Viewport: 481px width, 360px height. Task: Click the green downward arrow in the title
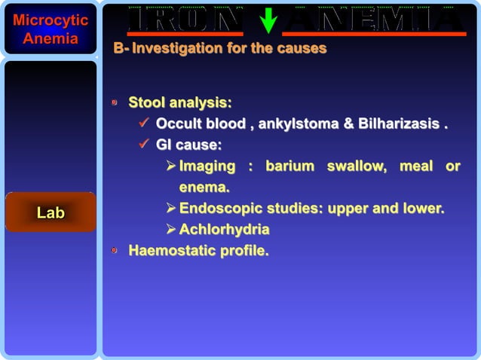pos(268,20)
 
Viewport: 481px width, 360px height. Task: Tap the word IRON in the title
pos(185,20)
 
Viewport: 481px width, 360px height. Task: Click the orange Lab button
pos(51,213)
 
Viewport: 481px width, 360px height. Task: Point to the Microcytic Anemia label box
pos(51,29)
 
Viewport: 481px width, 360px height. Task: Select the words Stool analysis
pos(179,102)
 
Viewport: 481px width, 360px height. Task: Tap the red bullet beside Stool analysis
pos(115,102)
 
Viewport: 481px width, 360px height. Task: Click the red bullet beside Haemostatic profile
pos(115,251)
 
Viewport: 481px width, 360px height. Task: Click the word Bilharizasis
pos(399,124)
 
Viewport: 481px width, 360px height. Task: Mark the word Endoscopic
pos(219,208)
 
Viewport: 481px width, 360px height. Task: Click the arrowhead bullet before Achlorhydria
pos(170,229)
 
